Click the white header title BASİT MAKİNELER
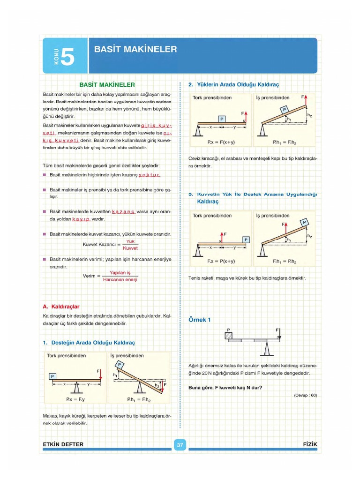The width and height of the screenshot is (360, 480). [135, 49]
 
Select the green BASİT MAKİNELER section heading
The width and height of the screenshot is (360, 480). [107, 85]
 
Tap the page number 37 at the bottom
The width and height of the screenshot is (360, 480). [180, 444]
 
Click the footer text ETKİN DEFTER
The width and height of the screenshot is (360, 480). [63, 444]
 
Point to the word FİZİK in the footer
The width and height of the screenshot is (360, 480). [310, 444]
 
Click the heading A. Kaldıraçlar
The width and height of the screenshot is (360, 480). [62, 306]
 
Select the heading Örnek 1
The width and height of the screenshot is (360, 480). [200, 320]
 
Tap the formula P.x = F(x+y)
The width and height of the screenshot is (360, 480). [221, 141]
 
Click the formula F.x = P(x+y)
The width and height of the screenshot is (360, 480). [221, 261]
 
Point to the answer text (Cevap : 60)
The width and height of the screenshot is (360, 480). [306, 395]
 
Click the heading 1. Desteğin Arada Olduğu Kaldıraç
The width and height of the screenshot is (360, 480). [89, 343]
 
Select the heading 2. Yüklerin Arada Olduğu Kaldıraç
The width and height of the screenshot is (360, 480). [233, 85]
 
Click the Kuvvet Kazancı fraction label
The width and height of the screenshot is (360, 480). [101, 244]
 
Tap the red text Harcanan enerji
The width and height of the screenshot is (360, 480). [120, 279]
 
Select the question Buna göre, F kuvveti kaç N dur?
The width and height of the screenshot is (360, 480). [225, 387]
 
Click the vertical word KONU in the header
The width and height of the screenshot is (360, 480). [56, 57]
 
